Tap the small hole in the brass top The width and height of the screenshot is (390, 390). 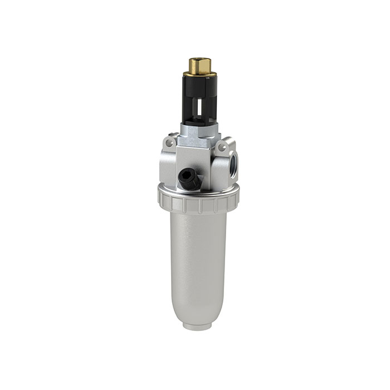[x=197, y=58]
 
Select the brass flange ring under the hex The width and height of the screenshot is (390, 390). [x=197, y=72]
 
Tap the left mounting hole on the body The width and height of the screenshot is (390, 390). [x=172, y=145]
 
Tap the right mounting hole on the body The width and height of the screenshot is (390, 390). [x=222, y=147]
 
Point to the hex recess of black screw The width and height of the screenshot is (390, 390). [x=187, y=178]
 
